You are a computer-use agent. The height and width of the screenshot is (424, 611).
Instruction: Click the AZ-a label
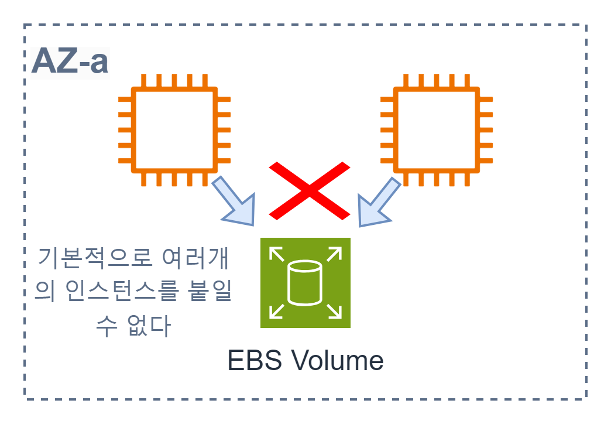pyautogui.click(x=70, y=62)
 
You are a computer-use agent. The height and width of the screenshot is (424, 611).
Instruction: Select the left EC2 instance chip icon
pyautogui.click(x=174, y=130)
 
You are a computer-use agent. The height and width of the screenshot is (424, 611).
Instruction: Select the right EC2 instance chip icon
pyautogui.click(x=437, y=130)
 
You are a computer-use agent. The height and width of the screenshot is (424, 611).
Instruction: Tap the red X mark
pyautogui.click(x=310, y=190)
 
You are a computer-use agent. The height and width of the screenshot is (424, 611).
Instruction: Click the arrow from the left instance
pyautogui.click(x=235, y=201)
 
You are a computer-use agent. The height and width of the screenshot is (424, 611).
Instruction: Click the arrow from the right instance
pyautogui.click(x=379, y=203)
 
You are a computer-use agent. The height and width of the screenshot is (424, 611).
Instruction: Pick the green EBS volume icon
pyautogui.click(x=305, y=283)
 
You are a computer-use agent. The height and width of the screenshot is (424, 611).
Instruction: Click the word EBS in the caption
pyautogui.click(x=252, y=361)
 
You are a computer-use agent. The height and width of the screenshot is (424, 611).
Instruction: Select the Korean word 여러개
pyautogui.click(x=197, y=258)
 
